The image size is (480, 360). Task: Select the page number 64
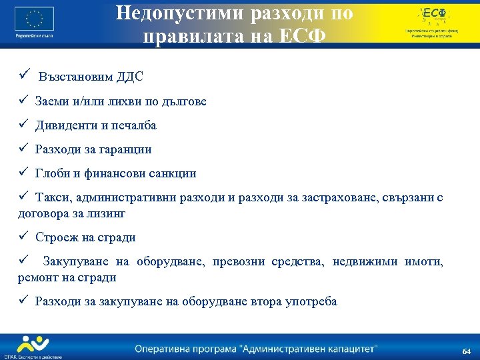coord(466,351)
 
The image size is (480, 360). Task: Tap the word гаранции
coord(125,149)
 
